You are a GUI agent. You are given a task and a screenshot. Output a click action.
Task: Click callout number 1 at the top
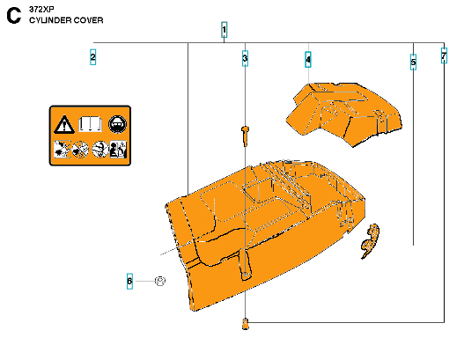(224, 30)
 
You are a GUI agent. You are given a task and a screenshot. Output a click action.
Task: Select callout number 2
(93, 57)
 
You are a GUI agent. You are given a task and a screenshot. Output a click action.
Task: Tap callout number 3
(245, 59)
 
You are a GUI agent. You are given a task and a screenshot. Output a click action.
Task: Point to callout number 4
(308, 60)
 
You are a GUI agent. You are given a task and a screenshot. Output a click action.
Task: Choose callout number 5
(413, 62)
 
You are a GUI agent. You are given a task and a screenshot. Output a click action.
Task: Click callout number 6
(129, 281)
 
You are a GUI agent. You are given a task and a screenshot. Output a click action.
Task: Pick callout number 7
(444, 55)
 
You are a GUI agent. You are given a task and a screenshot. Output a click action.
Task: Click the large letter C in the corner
(14, 16)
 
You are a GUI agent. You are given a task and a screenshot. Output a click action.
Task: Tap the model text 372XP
(41, 10)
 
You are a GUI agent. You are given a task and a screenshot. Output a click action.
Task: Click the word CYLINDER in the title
(50, 20)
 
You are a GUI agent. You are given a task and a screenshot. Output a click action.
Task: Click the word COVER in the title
(88, 20)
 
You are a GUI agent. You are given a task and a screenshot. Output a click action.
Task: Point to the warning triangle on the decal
(64, 124)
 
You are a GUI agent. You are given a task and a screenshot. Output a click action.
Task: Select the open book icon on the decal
(91, 124)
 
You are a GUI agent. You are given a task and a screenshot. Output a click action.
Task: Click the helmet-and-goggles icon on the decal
(117, 124)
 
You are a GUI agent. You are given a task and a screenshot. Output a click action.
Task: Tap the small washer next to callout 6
(160, 281)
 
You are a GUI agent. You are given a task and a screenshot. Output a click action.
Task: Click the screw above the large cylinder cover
(245, 136)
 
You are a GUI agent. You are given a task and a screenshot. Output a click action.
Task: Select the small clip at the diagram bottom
(245, 324)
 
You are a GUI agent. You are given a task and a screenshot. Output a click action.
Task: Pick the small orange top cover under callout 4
(344, 114)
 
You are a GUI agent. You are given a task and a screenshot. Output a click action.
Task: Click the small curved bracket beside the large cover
(370, 241)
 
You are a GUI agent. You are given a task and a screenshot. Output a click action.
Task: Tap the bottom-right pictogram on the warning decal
(118, 150)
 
